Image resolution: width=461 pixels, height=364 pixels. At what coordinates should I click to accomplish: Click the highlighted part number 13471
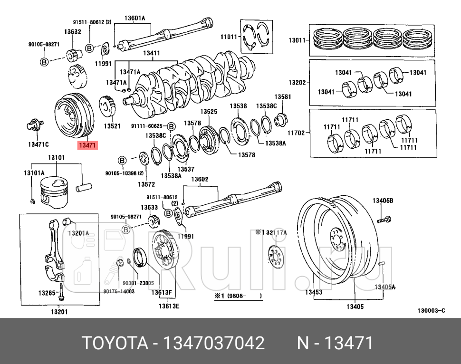click(87, 145)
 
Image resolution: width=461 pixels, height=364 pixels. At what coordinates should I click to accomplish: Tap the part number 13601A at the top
click(134, 19)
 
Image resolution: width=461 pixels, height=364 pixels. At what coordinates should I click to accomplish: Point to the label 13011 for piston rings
click(297, 40)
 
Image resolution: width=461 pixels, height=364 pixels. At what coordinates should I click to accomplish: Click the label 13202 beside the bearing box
click(297, 82)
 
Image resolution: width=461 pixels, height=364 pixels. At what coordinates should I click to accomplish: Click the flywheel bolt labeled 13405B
click(383, 220)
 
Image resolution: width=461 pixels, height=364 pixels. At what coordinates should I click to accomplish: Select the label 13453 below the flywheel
click(314, 292)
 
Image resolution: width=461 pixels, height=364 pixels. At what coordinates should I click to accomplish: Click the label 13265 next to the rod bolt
click(47, 293)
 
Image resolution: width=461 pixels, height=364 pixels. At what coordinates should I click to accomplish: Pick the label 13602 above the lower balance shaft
click(200, 179)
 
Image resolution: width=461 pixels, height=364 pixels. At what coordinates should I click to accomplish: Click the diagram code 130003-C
click(431, 311)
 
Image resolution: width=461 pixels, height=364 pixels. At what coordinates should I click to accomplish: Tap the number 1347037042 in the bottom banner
click(214, 342)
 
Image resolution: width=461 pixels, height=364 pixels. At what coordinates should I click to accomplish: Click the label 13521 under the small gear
click(112, 126)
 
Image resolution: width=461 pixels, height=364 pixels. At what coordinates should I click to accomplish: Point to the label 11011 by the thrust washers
click(229, 36)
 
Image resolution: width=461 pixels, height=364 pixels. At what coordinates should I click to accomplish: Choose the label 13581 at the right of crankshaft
click(282, 96)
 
